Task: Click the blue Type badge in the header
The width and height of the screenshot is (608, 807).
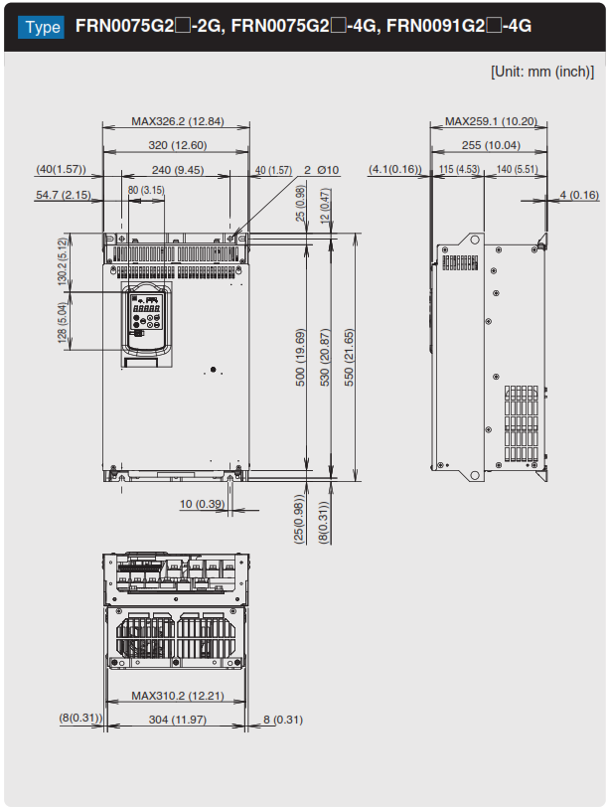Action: click(x=42, y=26)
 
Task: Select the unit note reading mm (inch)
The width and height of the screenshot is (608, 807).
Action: click(x=541, y=72)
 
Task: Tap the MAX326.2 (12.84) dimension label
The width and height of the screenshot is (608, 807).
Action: click(x=177, y=121)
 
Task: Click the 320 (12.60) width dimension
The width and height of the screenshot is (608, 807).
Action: click(x=177, y=145)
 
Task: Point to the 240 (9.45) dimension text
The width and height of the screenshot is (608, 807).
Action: click(x=177, y=170)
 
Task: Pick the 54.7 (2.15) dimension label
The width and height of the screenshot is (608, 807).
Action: click(x=63, y=195)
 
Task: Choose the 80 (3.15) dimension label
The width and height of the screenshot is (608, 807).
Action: click(x=146, y=189)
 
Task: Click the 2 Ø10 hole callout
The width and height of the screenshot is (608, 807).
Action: click(x=322, y=170)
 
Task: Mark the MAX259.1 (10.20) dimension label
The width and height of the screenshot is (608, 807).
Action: click(x=491, y=121)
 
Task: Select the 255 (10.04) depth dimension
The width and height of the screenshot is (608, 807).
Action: click(x=491, y=145)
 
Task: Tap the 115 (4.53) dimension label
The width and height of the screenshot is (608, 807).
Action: click(x=460, y=170)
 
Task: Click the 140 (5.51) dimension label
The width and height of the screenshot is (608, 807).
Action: click(x=517, y=170)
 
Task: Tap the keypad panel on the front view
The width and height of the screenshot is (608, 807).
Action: click(x=146, y=320)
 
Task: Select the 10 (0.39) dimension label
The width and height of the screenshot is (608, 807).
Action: click(x=202, y=504)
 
